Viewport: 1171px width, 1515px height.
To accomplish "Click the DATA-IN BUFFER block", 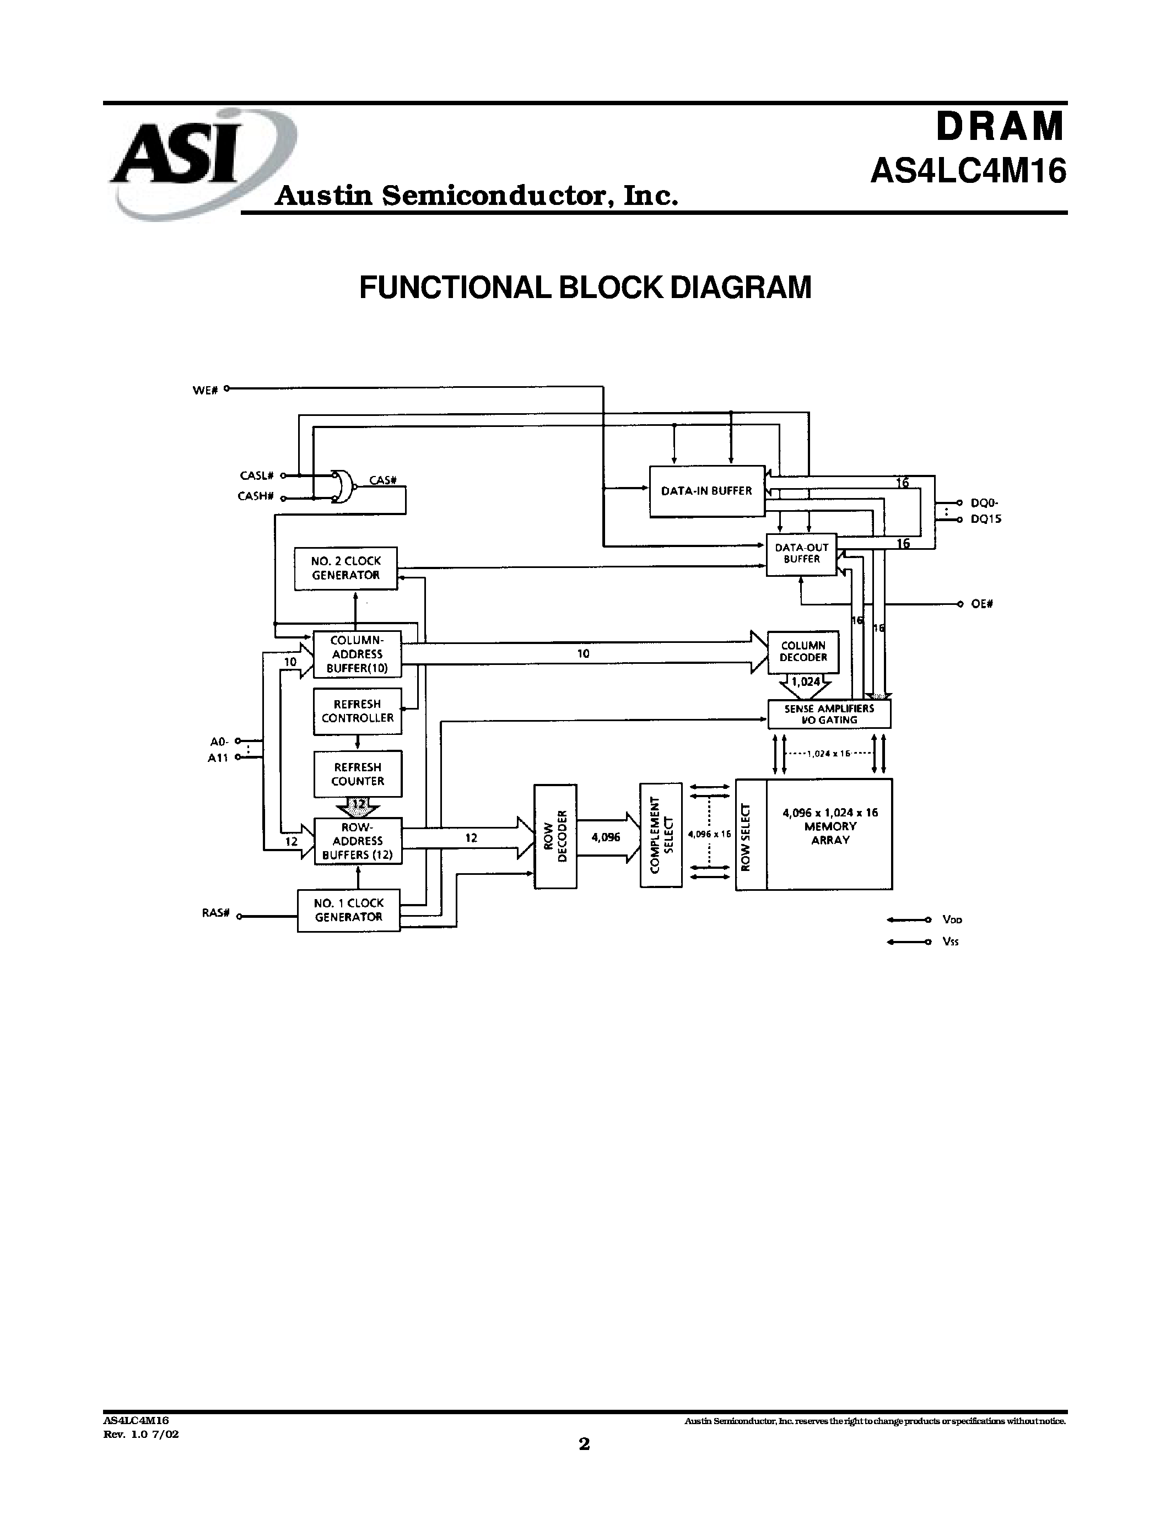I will tap(706, 491).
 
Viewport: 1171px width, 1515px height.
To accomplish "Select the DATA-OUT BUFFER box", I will tap(801, 554).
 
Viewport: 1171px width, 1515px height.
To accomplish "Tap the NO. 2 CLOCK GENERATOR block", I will tap(346, 568).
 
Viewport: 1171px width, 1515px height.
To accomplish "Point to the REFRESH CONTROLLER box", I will tap(357, 711).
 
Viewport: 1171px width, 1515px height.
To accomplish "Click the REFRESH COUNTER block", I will tap(357, 774).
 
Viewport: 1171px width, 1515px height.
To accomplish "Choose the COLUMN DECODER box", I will tap(803, 652).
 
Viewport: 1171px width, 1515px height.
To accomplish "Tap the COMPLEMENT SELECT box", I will tap(660, 835).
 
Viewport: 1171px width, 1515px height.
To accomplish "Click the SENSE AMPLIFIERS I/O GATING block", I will tap(829, 714).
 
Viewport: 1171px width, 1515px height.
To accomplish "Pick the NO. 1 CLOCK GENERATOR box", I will tap(348, 910).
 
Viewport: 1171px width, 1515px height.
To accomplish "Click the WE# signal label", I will tap(206, 391).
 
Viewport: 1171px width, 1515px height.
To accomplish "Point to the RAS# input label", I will tap(216, 913).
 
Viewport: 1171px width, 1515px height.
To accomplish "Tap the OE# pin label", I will tap(981, 604).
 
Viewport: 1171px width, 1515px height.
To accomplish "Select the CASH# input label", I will tap(255, 497).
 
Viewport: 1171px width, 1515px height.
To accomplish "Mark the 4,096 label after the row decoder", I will tap(606, 837).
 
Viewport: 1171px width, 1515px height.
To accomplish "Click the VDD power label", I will tap(952, 920).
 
